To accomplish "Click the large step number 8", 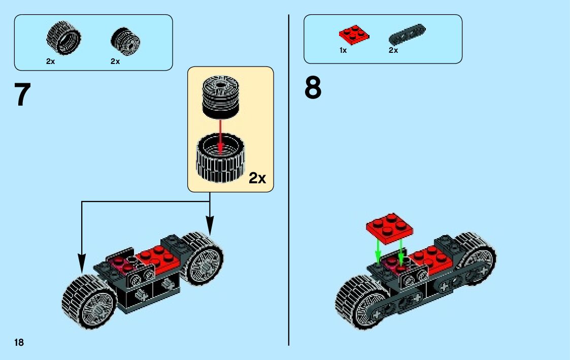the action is point(313,87).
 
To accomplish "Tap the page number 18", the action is point(19,342).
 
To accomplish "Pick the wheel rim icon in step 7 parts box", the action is point(125,40).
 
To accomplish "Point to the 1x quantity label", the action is point(343,50).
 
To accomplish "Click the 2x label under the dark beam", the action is point(393,50).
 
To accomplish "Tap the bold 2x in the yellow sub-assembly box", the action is point(257,178).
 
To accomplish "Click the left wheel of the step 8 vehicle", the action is point(361,302).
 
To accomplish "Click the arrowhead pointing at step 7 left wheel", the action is point(81,265).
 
